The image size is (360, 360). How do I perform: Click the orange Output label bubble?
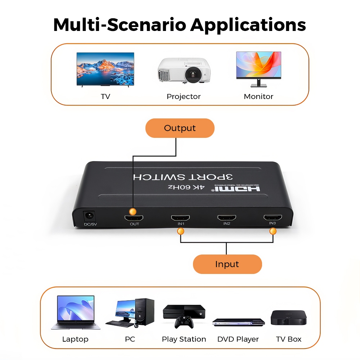click(x=180, y=128)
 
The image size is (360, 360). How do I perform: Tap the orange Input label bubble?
click(x=227, y=264)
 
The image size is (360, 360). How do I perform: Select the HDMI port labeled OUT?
click(x=134, y=218)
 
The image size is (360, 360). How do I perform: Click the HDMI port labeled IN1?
click(x=180, y=218)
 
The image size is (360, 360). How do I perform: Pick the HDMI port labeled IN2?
click(x=226, y=218)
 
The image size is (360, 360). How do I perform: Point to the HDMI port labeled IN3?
click(x=273, y=217)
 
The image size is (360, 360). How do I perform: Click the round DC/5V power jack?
click(x=89, y=217)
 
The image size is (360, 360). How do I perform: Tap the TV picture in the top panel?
click(x=105, y=69)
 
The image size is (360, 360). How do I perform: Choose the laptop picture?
click(x=75, y=312)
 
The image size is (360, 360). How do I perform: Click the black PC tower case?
click(x=145, y=312)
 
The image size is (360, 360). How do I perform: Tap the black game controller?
click(x=184, y=322)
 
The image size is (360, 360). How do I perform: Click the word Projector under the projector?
click(x=184, y=96)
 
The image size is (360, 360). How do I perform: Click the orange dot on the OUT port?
click(x=133, y=211)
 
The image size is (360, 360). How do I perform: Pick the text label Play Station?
click(x=184, y=339)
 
